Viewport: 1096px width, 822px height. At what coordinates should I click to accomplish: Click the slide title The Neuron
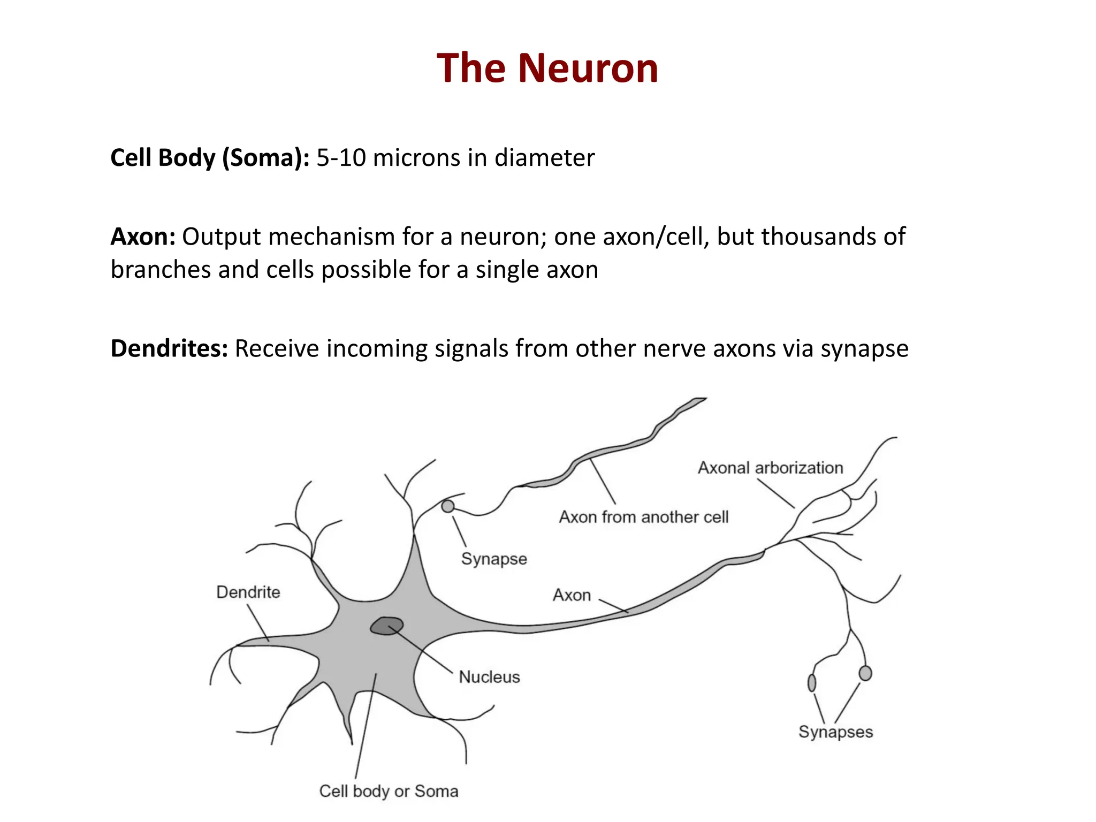coord(547,68)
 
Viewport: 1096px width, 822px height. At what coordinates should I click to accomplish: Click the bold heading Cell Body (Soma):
coord(210,158)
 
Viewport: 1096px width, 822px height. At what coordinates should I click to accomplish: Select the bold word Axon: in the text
coord(143,237)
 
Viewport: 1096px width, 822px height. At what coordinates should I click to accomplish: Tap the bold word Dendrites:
coord(169,348)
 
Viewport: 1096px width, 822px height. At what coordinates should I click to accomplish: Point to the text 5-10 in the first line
coord(341,158)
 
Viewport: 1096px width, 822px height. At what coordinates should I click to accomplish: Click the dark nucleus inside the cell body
coord(387,626)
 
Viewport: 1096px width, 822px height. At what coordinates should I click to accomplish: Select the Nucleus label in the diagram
coord(489,677)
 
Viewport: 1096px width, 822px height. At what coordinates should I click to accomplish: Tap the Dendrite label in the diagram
coord(248,592)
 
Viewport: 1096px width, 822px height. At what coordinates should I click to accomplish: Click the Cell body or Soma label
coord(389,791)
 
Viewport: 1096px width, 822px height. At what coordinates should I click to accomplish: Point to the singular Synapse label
coord(494,559)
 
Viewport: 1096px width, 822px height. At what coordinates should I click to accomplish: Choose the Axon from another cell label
coord(644,517)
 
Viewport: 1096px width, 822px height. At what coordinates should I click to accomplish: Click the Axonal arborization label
coord(770,468)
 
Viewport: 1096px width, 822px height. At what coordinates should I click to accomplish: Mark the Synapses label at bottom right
coord(835,732)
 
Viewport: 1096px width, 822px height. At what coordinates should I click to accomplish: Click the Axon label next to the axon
coord(572,595)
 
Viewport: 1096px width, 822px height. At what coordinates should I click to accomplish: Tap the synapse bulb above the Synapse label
coord(448,506)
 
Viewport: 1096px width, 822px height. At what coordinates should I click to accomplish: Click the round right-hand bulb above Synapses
coord(865,673)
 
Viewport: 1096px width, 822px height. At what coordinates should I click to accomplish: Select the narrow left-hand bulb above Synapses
coord(812,683)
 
